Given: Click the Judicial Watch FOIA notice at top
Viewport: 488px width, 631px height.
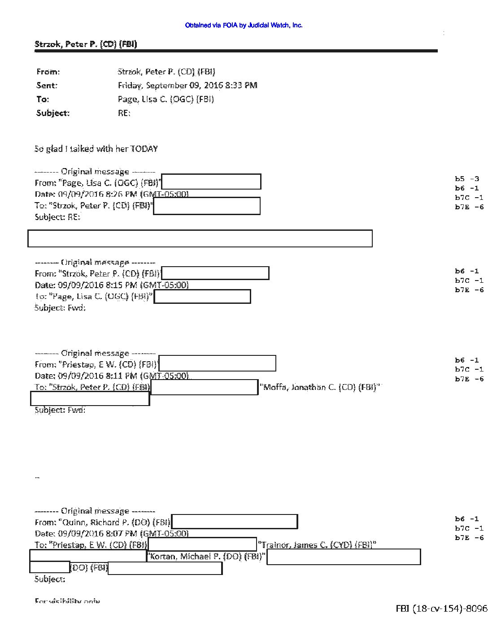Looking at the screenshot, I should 244,26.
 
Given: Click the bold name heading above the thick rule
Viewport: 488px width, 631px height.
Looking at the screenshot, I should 86,44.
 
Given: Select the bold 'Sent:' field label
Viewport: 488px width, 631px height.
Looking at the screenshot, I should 47,85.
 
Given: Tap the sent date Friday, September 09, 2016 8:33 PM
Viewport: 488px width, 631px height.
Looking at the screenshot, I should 187,85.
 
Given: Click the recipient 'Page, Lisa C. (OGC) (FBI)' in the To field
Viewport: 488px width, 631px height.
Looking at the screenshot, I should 166,99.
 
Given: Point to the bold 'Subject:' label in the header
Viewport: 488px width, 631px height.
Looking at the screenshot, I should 53,113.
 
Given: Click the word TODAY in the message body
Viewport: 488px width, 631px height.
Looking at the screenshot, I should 144,149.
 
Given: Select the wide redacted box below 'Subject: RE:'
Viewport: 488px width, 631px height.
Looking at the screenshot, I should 200,238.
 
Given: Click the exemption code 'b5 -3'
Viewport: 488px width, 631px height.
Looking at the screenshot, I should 467,178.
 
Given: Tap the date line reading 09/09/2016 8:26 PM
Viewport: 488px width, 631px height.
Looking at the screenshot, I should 112,194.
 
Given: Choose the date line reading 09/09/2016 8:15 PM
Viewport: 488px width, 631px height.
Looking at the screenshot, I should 112,285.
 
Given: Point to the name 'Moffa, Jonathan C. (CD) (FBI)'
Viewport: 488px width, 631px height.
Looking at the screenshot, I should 321,387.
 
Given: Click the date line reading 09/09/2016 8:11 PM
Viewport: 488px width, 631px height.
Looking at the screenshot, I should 112,376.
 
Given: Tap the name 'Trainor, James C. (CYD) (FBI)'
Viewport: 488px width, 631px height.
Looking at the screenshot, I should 318,545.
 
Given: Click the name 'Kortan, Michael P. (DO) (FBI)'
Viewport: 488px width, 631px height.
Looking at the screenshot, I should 206,557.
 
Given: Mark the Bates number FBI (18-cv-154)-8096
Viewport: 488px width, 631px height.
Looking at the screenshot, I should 441,608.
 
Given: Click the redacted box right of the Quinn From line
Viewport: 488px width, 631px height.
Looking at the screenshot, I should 235,522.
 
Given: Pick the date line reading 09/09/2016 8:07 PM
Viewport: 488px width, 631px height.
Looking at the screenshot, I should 112,533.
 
